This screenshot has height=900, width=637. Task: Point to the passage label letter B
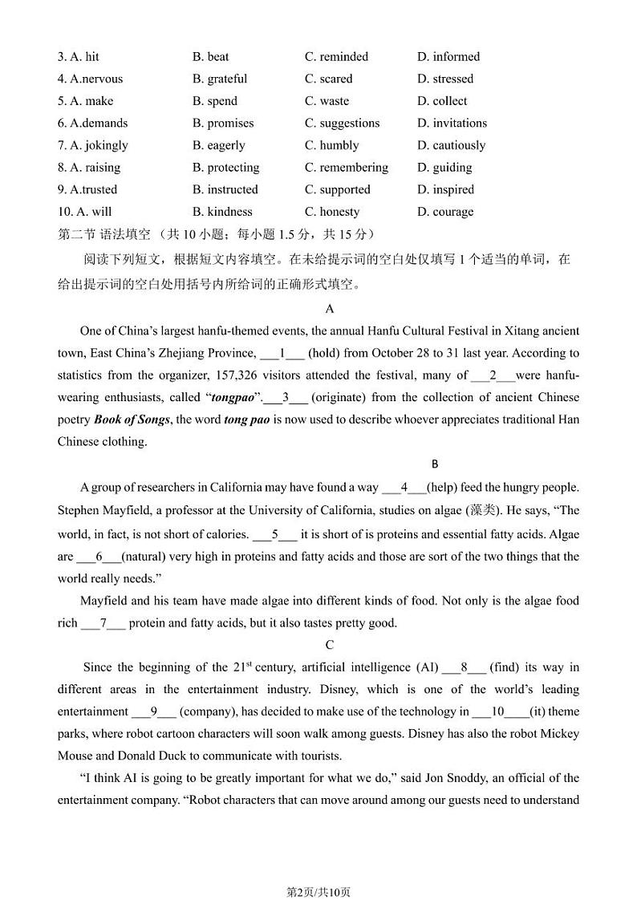[x=435, y=464]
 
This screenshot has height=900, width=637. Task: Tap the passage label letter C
[x=330, y=645]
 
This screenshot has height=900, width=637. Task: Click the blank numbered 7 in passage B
[x=103, y=623]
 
